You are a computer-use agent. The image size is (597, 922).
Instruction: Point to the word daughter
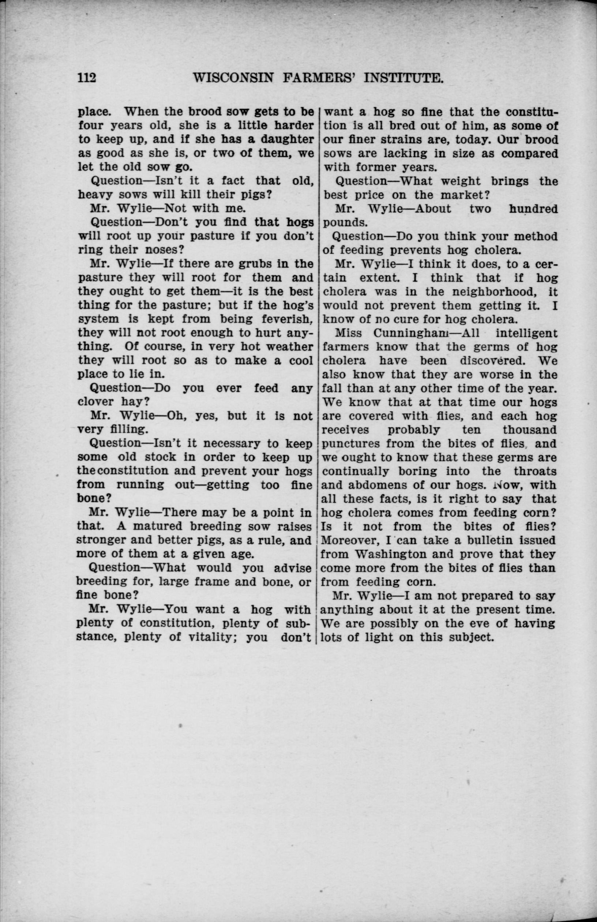[x=286, y=139]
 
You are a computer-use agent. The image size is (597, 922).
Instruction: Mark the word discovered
[x=492, y=360]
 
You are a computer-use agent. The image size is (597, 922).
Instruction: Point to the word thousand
[x=530, y=430]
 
